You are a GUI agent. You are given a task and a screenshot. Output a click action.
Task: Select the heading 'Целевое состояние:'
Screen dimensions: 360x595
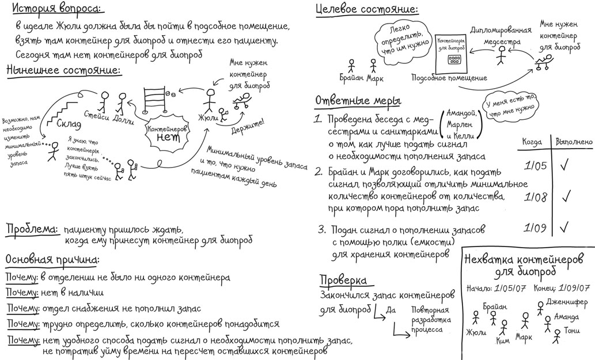click(366, 10)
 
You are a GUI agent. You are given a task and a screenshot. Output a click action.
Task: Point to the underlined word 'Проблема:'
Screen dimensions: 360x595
click(32, 229)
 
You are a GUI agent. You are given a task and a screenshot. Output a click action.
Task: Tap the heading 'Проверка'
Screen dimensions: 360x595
click(344, 281)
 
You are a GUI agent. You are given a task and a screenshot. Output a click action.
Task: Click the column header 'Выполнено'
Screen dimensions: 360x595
click(573, 141)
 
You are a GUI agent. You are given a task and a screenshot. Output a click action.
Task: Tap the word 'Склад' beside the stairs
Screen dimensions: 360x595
click(70, 123)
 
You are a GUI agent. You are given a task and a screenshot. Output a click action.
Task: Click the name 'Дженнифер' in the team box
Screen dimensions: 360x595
click(567, 301)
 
